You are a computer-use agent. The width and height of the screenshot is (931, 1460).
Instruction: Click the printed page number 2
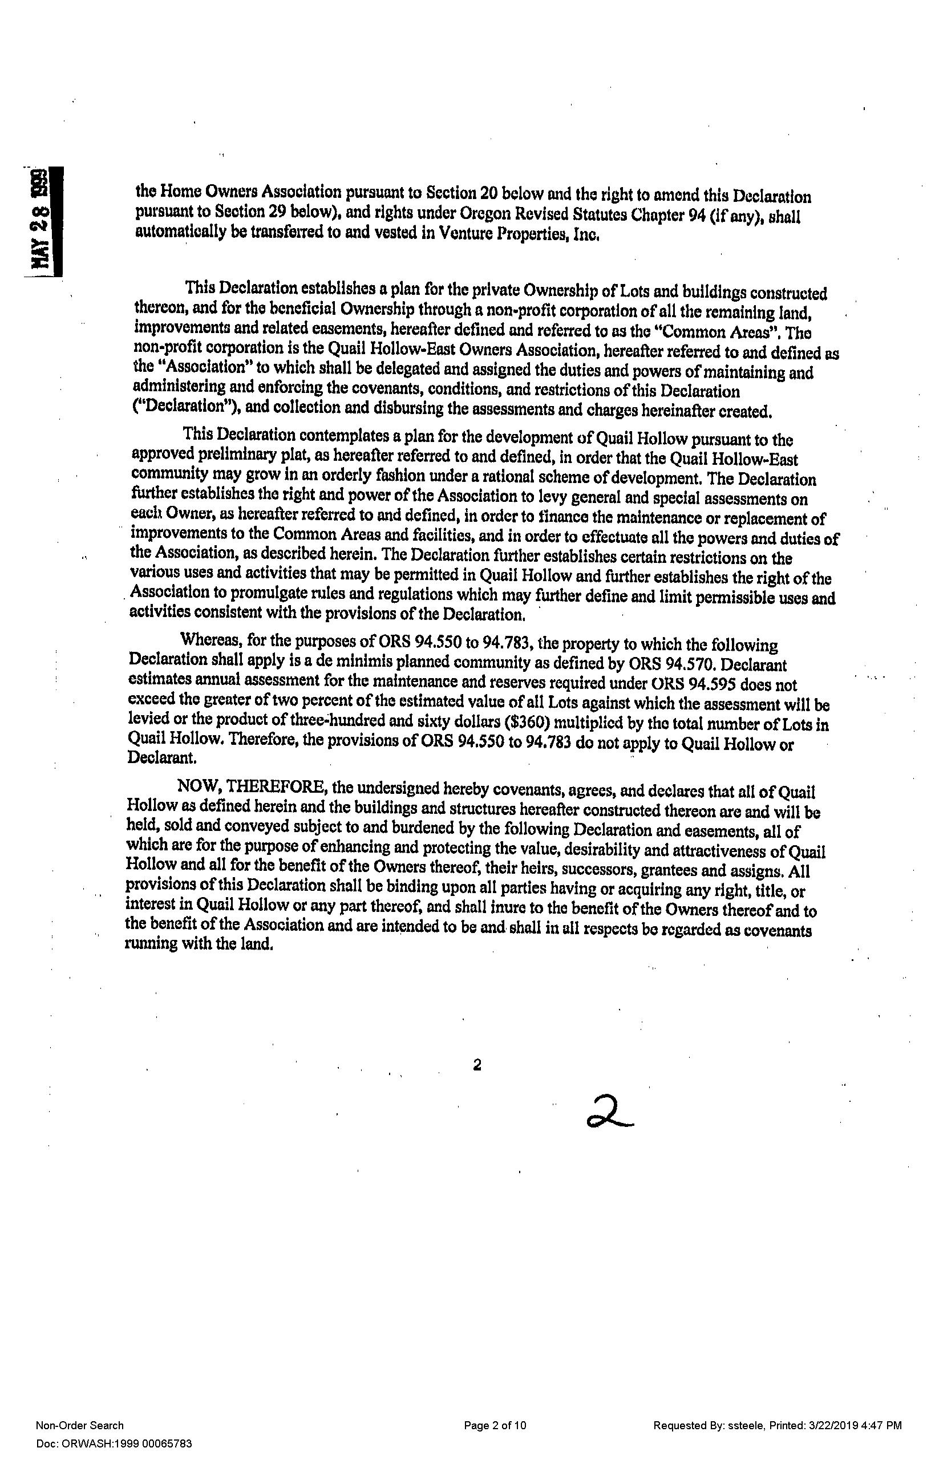[x=477, y=1065]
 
